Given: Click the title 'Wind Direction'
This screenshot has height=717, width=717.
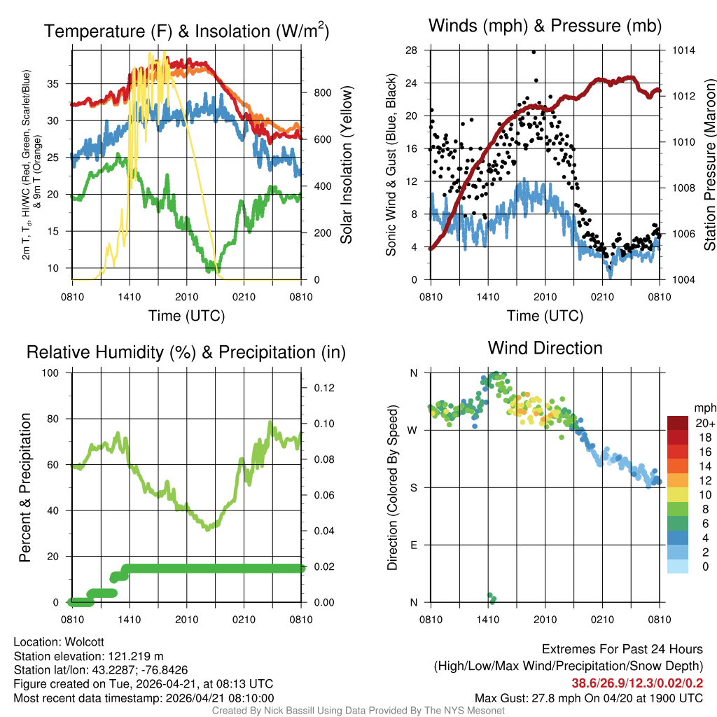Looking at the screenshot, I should click(545, 348).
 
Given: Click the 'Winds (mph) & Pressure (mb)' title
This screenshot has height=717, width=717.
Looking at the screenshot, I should click(545, 27).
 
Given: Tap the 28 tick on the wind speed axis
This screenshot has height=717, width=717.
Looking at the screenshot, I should click(412, 50).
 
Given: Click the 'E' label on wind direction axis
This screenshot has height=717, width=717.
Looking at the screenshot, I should click(413, 545).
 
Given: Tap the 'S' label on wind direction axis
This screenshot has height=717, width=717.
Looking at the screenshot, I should click(413, 487).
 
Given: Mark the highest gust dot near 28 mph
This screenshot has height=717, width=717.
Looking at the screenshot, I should click(534, 52).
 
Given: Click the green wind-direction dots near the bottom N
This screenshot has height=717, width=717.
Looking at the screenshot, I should click(492, 597).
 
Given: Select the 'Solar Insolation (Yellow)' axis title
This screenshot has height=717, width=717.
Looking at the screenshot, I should click(346, 165).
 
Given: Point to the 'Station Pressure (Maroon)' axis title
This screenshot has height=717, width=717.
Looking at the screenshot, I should click(709, 165).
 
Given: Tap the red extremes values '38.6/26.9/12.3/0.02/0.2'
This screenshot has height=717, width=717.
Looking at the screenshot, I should click(637, 683).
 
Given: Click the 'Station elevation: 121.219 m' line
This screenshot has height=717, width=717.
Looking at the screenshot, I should click(88, 656).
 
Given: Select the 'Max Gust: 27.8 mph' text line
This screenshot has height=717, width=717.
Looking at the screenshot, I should click(589, 697).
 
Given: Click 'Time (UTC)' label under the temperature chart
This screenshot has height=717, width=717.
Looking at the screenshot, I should click(187, 316).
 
